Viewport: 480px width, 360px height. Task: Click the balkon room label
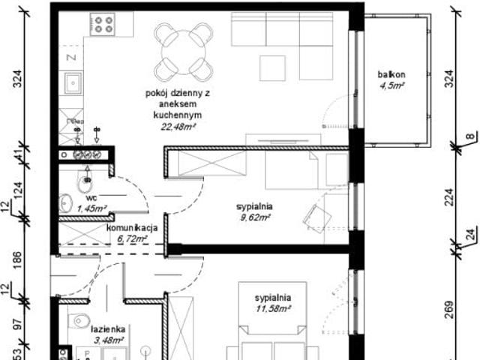[391, 75]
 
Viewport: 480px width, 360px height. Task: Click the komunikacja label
[131, 228]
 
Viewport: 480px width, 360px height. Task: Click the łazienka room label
[108, 329]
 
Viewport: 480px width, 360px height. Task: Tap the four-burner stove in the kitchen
[102, 25]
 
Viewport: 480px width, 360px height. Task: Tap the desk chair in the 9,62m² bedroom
[316, 216]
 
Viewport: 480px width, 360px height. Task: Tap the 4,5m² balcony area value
[391, 85]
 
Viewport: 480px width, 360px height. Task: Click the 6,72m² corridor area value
[131, 238]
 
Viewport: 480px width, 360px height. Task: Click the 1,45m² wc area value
[91, 208]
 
